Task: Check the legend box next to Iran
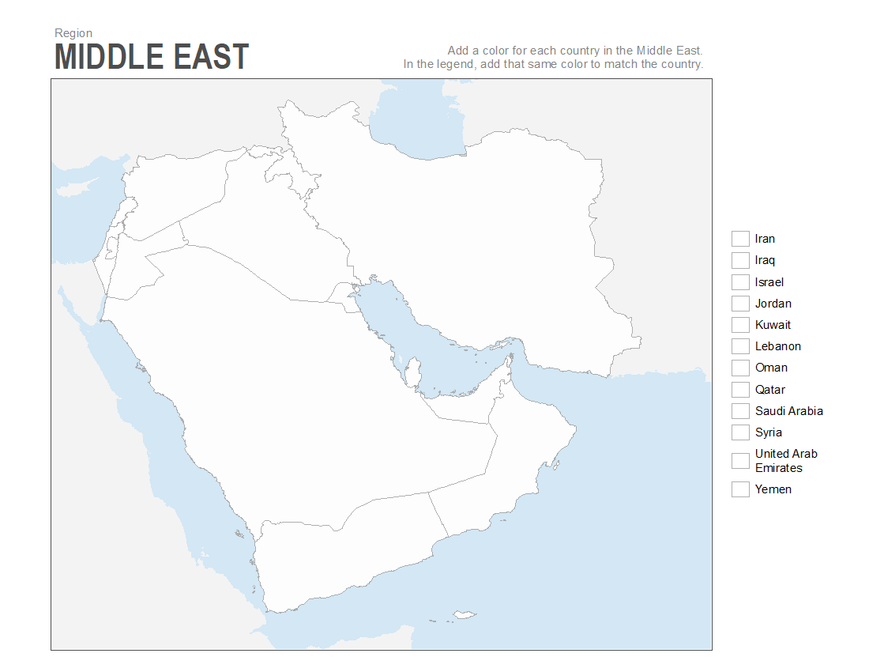click(740, 239)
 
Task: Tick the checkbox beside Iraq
click(740, 260)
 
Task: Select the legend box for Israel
click(740, 282)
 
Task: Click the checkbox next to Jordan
click(740, 304)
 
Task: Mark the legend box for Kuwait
click(740, 325)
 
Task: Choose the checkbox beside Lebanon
click(740, 346)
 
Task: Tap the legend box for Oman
click(740, 368)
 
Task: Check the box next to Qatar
click(740, 390)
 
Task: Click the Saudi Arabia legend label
click(788, 411)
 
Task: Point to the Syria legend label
click(768, 432)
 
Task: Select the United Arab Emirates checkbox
click(740, 461)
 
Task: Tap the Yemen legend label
click(773, 489)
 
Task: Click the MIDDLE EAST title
click(152, 58)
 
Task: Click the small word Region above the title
click(73, 33)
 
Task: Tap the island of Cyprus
click(97, 183)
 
